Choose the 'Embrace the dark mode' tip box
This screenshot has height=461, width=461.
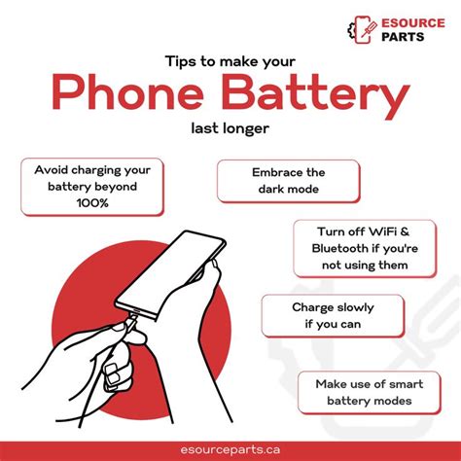point(288,181)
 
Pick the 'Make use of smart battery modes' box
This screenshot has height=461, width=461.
point(364,392)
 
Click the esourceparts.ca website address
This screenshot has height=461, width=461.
point(230,440)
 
